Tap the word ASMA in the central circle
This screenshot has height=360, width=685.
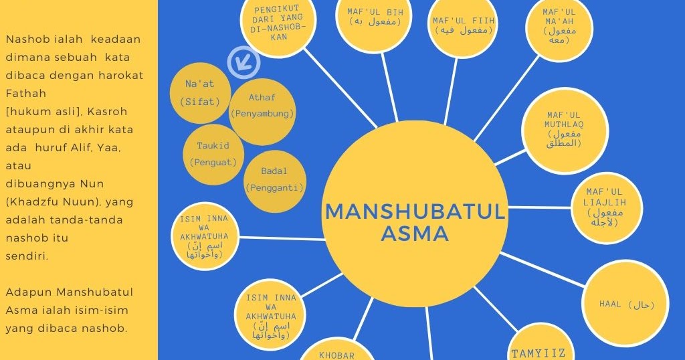tap(415, 234)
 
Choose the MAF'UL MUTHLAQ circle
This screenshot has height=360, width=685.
tap(564, 130)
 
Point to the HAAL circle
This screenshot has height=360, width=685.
tap(617, 305)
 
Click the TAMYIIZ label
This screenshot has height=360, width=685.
tap(539, 353)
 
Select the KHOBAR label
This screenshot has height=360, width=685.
tap(336, 354)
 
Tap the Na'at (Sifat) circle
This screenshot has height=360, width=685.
tap(199, 93)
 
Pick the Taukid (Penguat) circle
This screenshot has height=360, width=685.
tap(213, 154)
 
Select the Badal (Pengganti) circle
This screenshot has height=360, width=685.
tap(274, 179)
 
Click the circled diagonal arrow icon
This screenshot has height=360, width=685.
tap(243, 62)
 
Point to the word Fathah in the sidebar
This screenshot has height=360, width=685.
tap(25, 94)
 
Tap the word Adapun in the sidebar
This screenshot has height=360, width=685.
tap(28, 292)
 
